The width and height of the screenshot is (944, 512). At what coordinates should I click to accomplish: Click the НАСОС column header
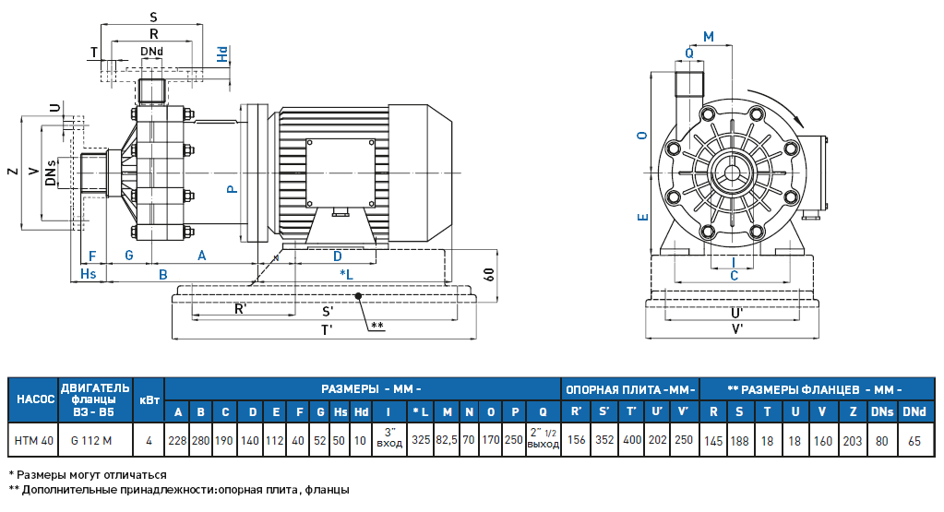(x=32, y=399)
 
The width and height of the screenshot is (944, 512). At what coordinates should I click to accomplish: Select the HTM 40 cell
(x=32, y=441)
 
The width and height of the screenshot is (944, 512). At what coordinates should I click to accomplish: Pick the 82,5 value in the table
(x=448, y=441)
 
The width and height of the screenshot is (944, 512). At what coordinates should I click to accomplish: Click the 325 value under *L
(x=421, y=441)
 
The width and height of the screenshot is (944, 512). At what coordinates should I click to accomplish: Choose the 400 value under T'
(x=632, y=441)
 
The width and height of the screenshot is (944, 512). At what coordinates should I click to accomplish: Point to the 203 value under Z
(x=852, y=441)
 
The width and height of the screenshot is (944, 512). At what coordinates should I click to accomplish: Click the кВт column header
(x=149, y=399)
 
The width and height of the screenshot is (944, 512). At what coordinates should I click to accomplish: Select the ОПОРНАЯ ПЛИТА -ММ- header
(x=629, y=388)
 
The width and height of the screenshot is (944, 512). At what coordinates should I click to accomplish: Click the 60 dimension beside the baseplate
(x=488, y=274)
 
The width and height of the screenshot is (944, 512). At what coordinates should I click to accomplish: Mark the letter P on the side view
(x=233, y=188)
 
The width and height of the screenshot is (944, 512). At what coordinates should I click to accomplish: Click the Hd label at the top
(x=222, y=54)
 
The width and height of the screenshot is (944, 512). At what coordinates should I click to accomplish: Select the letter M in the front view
(x=709, y=37)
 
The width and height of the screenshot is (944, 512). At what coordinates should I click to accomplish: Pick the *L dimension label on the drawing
(x=346, y=274)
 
